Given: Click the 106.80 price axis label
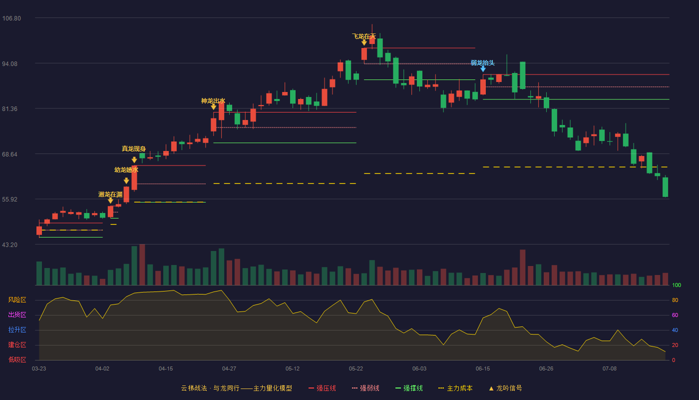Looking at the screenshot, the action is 11,18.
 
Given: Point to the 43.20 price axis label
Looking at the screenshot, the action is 9,245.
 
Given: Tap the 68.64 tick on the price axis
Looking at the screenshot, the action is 9,154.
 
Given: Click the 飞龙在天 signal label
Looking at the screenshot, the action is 364,36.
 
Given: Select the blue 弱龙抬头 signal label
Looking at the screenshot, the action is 483,63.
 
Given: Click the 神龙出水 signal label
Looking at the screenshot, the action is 213,101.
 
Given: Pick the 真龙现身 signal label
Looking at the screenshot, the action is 134,149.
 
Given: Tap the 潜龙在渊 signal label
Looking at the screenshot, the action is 110,194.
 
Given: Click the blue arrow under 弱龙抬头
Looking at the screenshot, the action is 483,69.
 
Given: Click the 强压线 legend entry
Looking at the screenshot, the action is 323,388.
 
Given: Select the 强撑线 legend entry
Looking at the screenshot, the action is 409,388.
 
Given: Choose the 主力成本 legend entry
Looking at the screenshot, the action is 455,388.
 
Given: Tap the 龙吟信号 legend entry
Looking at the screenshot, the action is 505,388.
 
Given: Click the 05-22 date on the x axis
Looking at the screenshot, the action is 356,369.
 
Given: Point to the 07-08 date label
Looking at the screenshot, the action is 610,369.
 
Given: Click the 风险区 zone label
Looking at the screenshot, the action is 17,300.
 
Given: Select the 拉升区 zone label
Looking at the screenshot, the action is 17,330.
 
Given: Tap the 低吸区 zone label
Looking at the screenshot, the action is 17,360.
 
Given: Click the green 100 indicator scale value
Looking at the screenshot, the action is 677,285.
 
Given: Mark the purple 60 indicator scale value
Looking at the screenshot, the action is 675,315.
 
